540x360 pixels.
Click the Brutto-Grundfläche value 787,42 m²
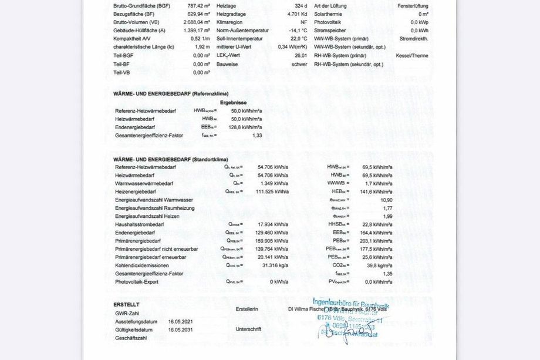pyautogui.click(x=198, y=6)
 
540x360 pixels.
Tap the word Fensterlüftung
pyautogui.click(x=413, y=6)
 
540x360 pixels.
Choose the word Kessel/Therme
pyautogui.click(x=413, y=55)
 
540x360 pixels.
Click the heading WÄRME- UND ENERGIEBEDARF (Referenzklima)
pyautogui.click(x=171, y=93)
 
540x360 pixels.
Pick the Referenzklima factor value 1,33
pyautogui.click(x=256, y=135)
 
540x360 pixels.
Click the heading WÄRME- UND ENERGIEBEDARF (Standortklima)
pyautogui.click(x=170, y=159)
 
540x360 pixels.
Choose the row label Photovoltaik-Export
pyautogui.click(x=137, y=282)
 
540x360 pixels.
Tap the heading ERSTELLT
pyautogui.click(x=126, y=305)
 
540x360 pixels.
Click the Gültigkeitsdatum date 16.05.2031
pyautogui.click(x=180, y=330)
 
